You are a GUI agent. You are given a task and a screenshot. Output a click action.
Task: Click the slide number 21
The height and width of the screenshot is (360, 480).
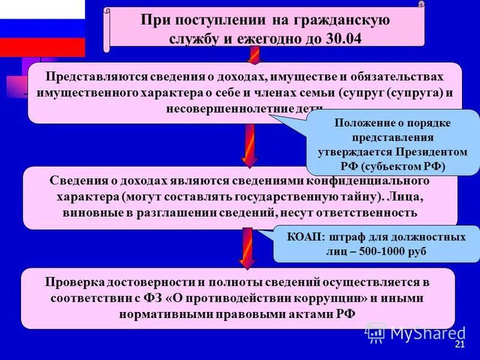460,344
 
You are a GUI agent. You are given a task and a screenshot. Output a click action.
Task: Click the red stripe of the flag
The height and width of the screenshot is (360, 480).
42,47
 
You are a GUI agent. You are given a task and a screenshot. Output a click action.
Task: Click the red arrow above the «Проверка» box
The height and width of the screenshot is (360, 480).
248,247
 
